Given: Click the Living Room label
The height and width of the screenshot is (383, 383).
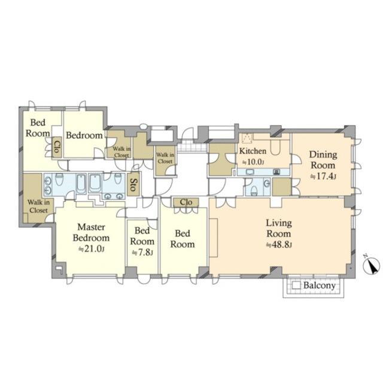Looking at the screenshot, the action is pos(279,228).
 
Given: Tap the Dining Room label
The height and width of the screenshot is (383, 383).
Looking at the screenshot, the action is pos(323,160).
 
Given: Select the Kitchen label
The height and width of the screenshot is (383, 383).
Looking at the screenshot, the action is pos(253,151).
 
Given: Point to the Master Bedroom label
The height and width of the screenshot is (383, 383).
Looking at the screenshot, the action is pos(91,232).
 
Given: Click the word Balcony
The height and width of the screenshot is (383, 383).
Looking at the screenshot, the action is pos(319,285).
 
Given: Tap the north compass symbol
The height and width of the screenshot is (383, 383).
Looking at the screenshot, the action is pos(371,265).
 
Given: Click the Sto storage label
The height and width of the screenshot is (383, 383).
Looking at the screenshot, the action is pos(133,184).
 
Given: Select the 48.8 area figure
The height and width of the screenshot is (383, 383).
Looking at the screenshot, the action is pos(279,245).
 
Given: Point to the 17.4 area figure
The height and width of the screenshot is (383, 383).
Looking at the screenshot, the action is pos(323,177).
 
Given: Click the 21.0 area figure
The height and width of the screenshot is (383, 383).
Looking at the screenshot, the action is pos(92,249).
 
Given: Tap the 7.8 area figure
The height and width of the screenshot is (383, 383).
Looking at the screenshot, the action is pos(142,253).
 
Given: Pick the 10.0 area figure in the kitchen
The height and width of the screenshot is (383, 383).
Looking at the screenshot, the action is pos(253,162).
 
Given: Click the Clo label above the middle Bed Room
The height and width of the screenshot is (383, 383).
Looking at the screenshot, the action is pos(186,202).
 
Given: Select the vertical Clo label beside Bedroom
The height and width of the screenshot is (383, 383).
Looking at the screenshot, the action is pos(57,147).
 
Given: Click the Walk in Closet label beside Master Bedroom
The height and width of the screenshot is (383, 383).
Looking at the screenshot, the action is pos(38,206).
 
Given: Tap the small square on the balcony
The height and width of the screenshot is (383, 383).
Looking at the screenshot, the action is pos(296,285).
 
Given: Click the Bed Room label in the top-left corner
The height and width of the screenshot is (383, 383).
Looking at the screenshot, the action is pos(38,127).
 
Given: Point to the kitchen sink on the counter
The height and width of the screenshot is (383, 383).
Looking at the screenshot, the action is pos(250,172).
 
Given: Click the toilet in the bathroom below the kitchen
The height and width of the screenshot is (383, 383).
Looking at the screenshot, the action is pos(254,191).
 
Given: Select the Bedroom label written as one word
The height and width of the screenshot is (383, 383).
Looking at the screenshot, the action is pos(84,135).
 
